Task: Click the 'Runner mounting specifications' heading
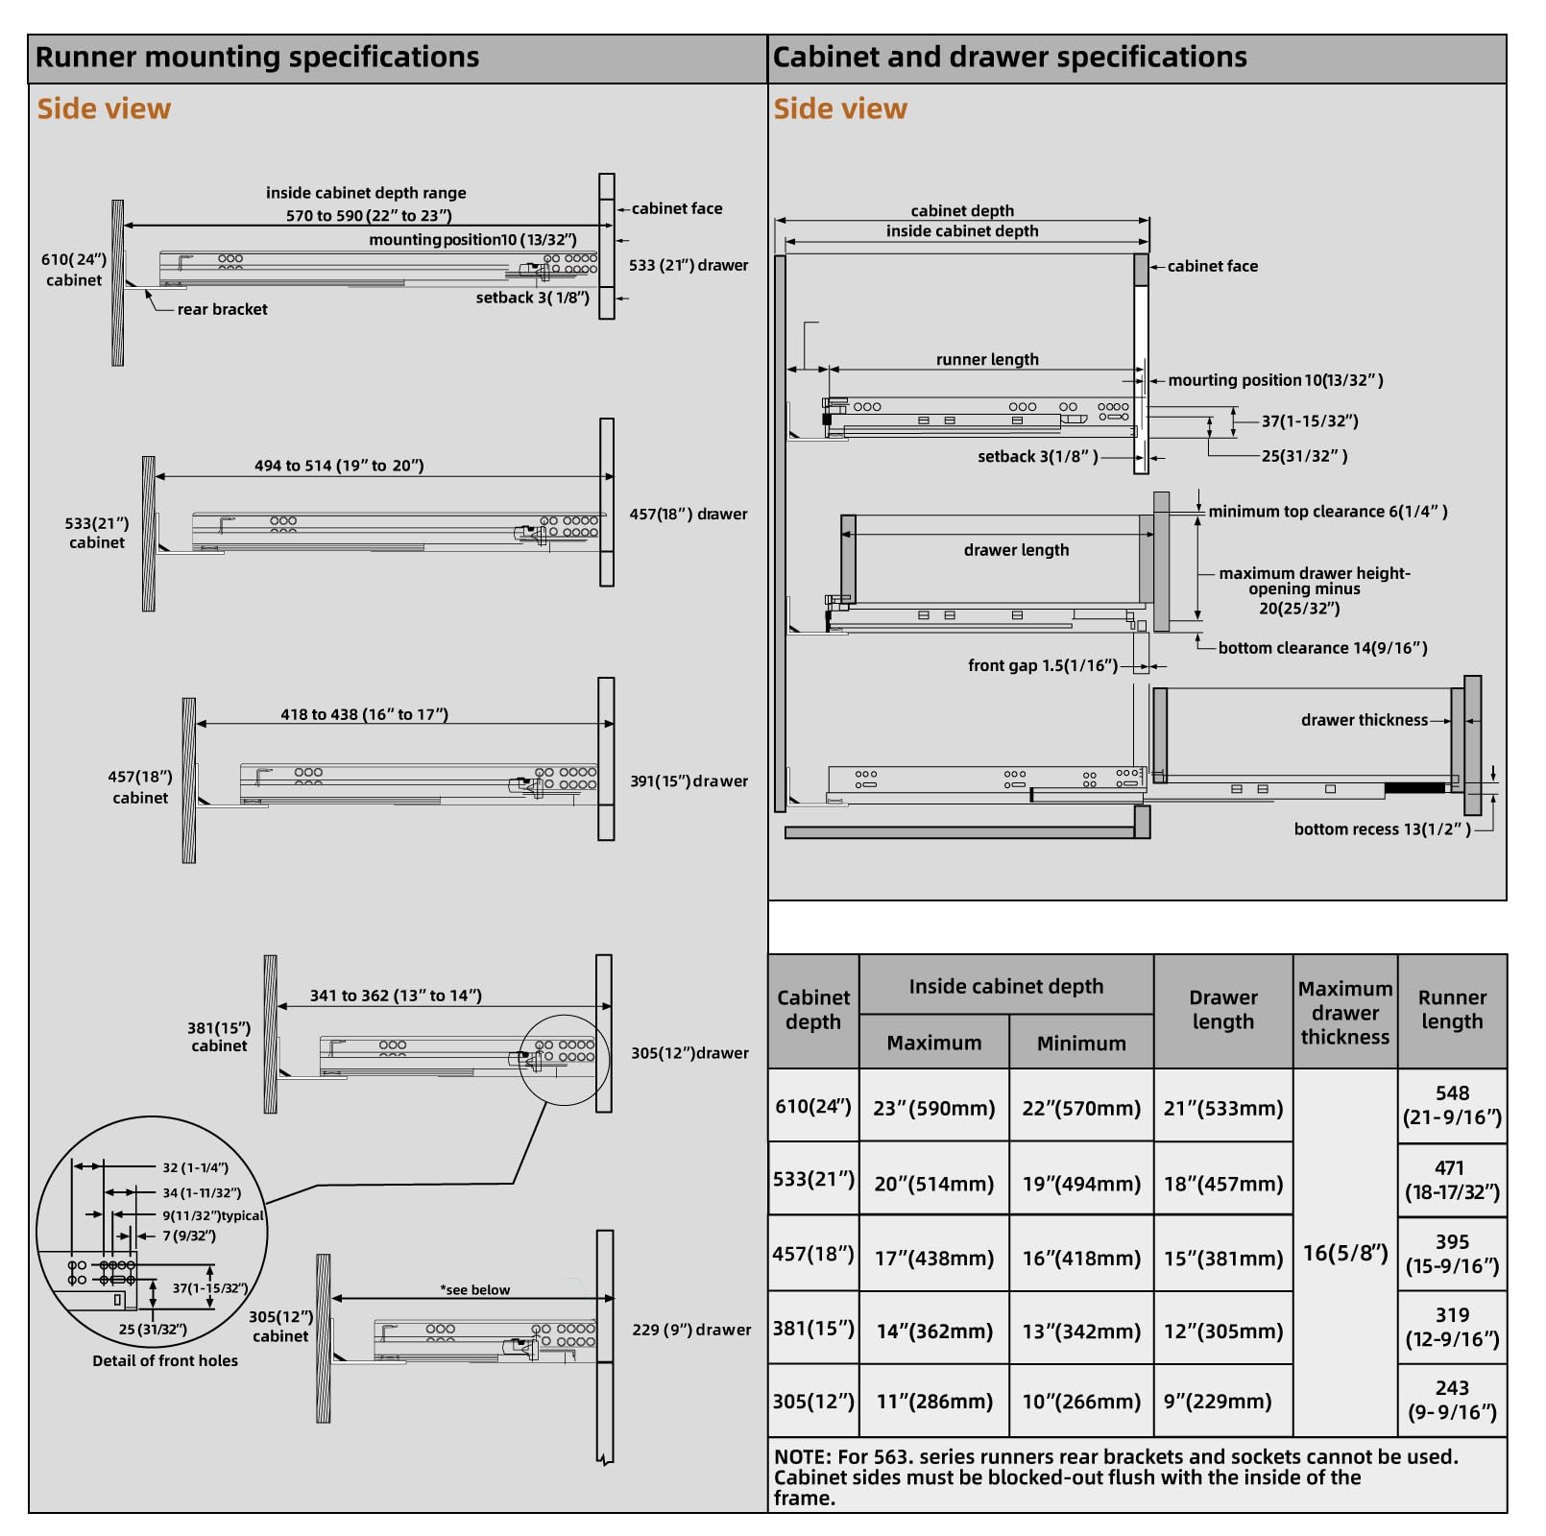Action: tap(257, 58)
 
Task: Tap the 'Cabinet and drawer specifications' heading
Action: tap(1010, 58)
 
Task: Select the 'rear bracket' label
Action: tap(223, 309)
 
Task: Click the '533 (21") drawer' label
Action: tap(688, 265)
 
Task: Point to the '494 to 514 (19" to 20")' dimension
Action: tap(339, 466)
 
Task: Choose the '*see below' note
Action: tap(475, 1289)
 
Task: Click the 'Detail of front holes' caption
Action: tap(165, 1360)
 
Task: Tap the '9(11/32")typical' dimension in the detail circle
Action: tap(213, 1215)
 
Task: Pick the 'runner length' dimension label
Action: tap(987, 359)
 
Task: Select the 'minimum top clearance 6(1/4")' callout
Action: tap(1328, 512)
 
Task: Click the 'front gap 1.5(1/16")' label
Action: tap(1043, 665)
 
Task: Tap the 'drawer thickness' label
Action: tap(1365, 720)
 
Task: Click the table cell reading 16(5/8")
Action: tap(1345, 1253)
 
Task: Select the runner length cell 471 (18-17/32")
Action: tap(1452, 1180)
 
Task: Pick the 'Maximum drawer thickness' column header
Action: tap(1345, 1013)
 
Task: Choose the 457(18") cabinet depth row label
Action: tap(813, 1254)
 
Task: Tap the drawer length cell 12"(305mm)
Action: tap(1223, 1332)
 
